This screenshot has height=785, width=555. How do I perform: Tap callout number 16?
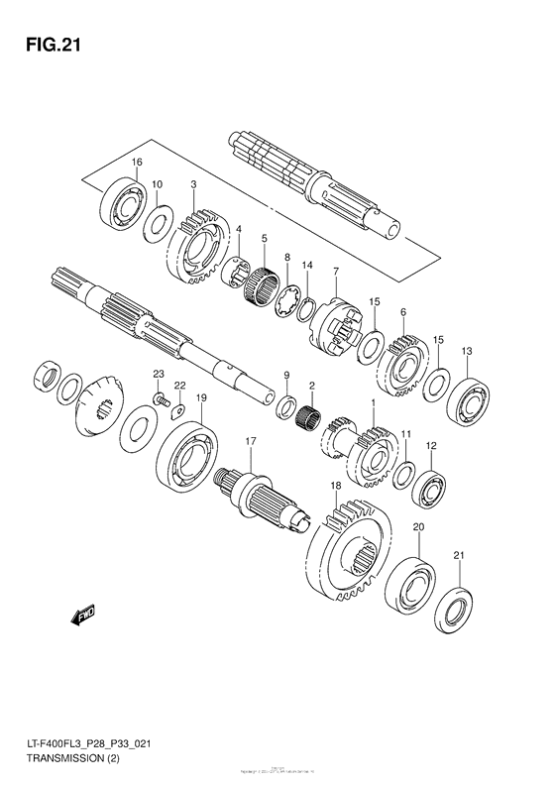[x=137, y=163]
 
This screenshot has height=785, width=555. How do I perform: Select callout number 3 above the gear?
[x=193, y=185]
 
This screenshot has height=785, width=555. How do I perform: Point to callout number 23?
[x=157, y=373]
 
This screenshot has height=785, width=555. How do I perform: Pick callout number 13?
[x=467, y=351]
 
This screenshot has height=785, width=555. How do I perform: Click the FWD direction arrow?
[x=82, y=616]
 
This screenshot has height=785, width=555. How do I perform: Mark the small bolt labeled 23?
[x=159, y=399]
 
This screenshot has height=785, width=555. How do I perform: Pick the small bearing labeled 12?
[x=428, y=488]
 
